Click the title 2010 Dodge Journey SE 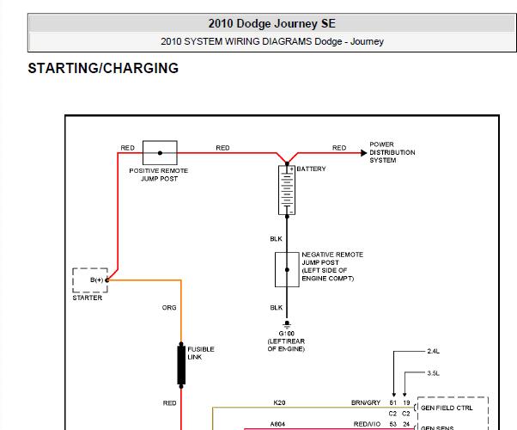point(271,24)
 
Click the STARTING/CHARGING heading point(103,69)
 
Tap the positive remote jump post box point(160,152)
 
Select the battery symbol point(287,189)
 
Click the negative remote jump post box point(286,269)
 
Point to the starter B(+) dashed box point(88,280)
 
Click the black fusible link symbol point(181,365)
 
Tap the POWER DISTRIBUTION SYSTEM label point(392,152)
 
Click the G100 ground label point(286,332)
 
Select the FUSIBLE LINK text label point(202,353)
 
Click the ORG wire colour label point(169,307)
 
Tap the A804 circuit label point(278,423)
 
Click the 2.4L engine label point(433,351)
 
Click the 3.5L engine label point(433,372)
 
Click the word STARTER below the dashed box point(88,298)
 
